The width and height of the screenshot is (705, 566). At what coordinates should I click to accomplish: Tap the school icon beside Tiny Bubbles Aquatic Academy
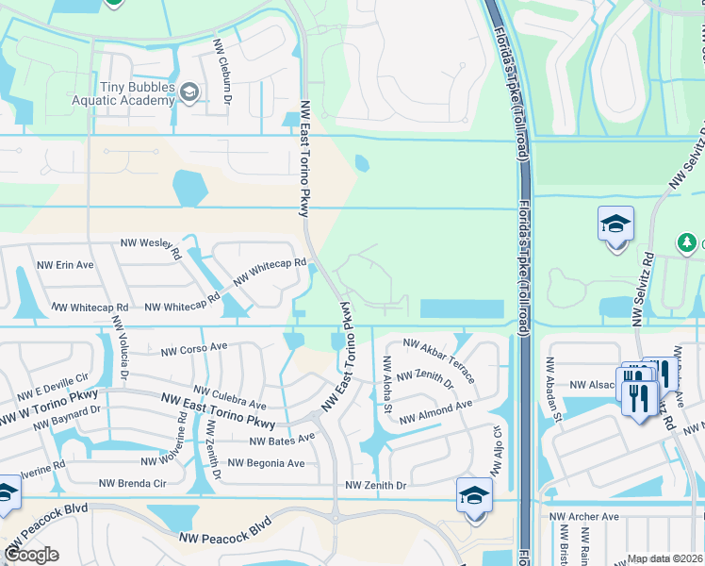pyautogui.click(x=189, y=92)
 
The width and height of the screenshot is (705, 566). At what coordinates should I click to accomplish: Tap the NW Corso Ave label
pyautogui.click(x=194, y=348)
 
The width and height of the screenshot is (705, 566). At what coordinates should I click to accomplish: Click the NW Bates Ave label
pyautogui.click(x=282, y=440)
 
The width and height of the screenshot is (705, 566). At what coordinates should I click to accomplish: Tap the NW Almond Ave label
pyautogui.click(x=435, y=412)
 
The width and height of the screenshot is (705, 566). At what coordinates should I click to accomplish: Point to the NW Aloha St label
pyautogui.click(x=386, y=384)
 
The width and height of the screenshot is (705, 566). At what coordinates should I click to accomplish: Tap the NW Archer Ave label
pyautogui.click(x=584, y=517)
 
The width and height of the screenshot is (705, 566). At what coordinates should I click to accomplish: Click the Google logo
pyautogui.click(x=31, y=555)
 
